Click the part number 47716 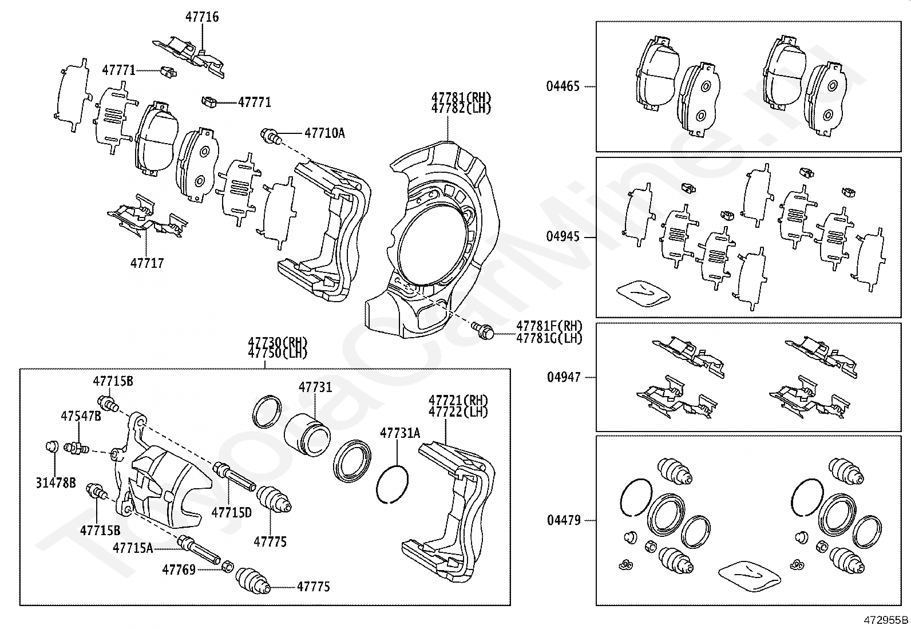pos(201,17)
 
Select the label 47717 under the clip pos(147,263)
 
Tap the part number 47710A pos(324,133)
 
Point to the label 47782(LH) pos(461,109)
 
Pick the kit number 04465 pos(563,86)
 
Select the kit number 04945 pos(563,237)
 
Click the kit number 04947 pos(564,377)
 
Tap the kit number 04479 pos(564,520)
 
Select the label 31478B pos(56,483)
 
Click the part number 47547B pos(81,416)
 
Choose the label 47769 pos(179,569)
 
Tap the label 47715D pos(231,512)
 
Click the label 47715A pos(133,548)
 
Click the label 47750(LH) pos(278,353)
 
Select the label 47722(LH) pos(458,412)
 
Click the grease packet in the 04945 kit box pos(643,292)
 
